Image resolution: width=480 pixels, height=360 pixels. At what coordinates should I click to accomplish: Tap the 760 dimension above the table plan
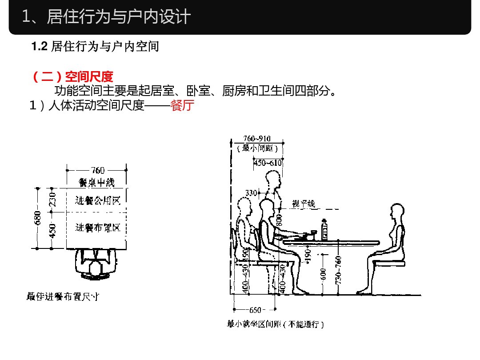[98, 170]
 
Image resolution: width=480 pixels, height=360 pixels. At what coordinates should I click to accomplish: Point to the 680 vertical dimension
[38, 218]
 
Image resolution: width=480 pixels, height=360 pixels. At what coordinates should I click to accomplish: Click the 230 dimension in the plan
[52, 199]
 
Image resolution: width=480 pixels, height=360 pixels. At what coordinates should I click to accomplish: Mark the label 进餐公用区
[97, 200]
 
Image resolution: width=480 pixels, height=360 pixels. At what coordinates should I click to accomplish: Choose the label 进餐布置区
[97, 228]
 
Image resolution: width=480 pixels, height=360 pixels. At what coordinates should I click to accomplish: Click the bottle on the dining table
[325, 229]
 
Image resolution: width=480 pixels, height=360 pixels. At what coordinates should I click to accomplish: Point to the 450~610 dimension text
[268, 163]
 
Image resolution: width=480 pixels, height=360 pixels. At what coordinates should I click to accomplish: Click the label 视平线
[304, 204]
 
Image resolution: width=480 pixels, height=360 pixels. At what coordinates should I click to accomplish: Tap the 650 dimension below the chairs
[255, 310]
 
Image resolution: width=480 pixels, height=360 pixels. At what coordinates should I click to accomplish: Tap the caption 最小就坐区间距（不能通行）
[276, 324]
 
